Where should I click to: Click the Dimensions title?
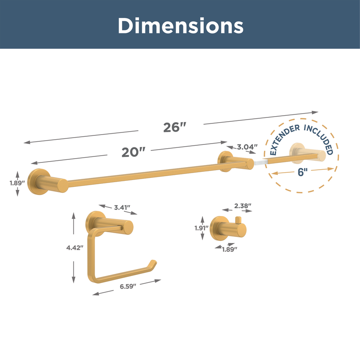tap(180, 26)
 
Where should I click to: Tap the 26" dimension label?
tap(174, 127)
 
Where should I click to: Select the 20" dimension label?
tap(133, 152)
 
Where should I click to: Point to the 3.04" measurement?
tap(247, 147)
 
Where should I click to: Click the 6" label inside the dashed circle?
tap(303, 172)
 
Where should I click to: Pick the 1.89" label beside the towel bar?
tap(17, 183)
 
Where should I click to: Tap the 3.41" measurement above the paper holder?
tap(122, 207)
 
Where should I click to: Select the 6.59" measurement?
tap(128, 286)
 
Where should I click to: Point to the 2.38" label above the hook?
tap(243, 206)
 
